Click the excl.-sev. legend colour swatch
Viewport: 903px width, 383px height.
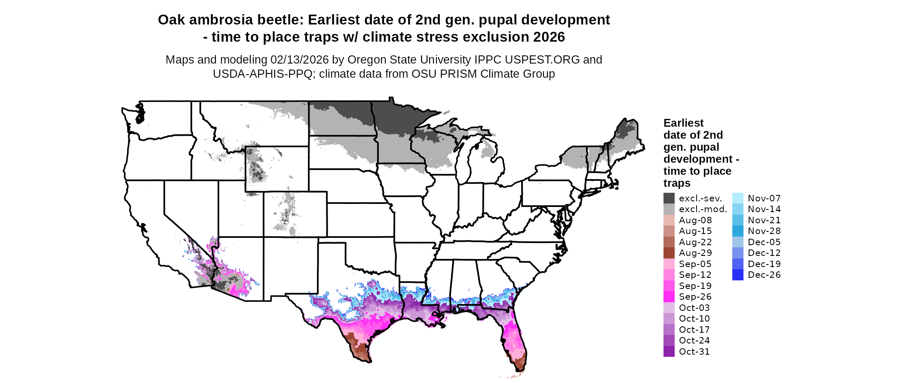click(x=669, y=198)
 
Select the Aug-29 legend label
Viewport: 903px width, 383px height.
click(x=695, y=253)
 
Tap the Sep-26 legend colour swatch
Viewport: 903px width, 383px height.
click(x=669, y=297)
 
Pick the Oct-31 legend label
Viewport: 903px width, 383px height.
click(x=694, y=352)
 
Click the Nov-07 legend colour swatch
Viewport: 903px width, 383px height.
click(x=737, y=198)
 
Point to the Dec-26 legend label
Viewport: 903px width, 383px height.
click(x=764, y=275)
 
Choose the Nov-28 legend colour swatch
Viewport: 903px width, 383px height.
click(x=737, y=231)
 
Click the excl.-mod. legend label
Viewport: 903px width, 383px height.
click(x=703, y=209)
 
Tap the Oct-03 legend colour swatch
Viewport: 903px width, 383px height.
click(x=669, y=308)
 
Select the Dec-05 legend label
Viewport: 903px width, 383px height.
click(x=764, y=242)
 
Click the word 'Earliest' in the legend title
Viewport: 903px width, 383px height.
click(x=683, y=123)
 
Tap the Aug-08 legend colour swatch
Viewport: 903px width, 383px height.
click(x=669, y=220)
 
